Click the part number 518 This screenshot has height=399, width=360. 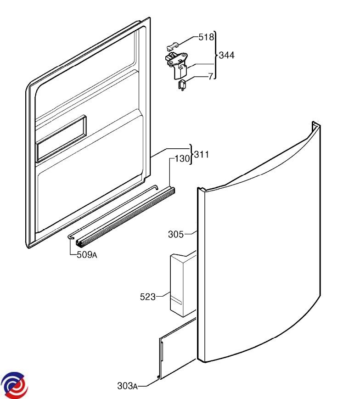click(x=206, y=37)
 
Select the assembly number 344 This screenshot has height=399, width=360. click(x=227, y=55)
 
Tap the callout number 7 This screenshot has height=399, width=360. click(x=211, y=77)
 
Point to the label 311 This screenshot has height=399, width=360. click(x=202, y=155)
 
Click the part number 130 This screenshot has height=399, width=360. click(x=182, y=159)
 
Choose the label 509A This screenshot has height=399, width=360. click(x=86, y=255)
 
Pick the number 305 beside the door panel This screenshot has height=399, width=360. click(x=175, y=235)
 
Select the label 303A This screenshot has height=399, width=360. click(x=127, y=386)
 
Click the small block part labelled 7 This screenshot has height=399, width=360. click(x=182, y=84)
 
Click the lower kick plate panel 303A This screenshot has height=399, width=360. click(x=177, y=349)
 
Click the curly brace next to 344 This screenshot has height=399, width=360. click(x=216, y=55)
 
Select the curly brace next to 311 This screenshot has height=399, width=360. click(x=191, y=154)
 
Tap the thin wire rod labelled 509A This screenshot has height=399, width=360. click(x=115, y=211)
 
